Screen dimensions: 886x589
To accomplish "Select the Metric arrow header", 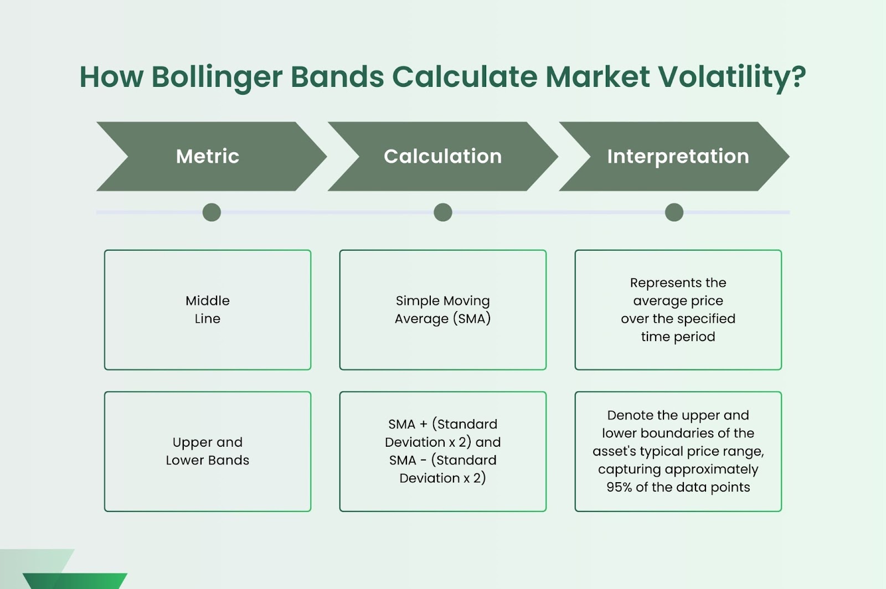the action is pyautogui.click(x=211, y=156).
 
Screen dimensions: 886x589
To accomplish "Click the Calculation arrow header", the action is pyautogui.click(x=442, y=156).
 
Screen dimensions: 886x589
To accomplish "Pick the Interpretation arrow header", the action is pyautogui.click(x=674, y=156).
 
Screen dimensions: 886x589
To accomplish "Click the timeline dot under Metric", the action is pyautogui.click(x=212, y=212).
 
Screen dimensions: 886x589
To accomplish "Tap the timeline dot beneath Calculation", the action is pyautogui.click(x=443, y=212).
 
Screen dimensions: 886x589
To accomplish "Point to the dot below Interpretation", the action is pyautogui.click(x=674, y=212).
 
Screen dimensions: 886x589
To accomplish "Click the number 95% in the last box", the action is pyautogui.click(x=619, y=487).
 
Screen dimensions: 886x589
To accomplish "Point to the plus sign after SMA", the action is pyautogui.click(x=423, y=424).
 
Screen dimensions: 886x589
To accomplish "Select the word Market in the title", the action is pyautogui.click(x=597, y=77).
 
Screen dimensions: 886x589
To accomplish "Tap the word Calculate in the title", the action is pyautogui.click(x=465, y=77).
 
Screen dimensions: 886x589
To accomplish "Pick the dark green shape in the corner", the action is pyautogui.click(x=75, y=581).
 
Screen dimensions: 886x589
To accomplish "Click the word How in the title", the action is pyautogui.click(x=111, y=77).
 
